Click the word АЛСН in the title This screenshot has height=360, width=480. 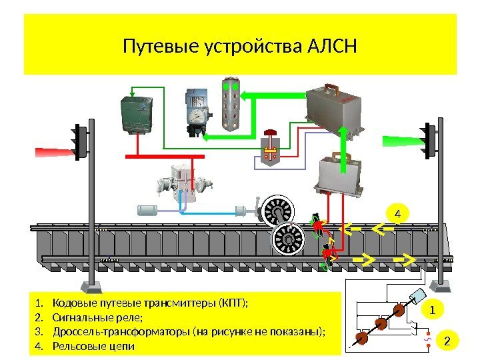[x=333, y=47]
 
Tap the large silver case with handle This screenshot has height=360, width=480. [x=335, y=107]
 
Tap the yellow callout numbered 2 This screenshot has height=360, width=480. [x=447, y=341]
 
